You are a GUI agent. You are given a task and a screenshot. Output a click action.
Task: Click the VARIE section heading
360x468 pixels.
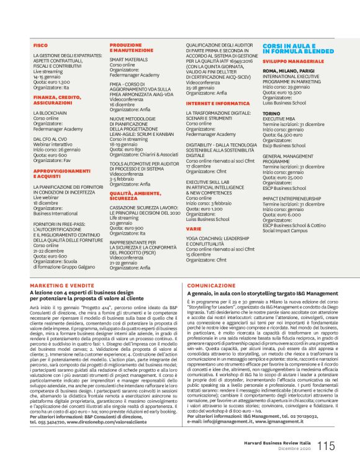click(193, 228)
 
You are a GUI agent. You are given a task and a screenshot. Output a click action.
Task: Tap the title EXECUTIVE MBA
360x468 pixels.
click(280, 119)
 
